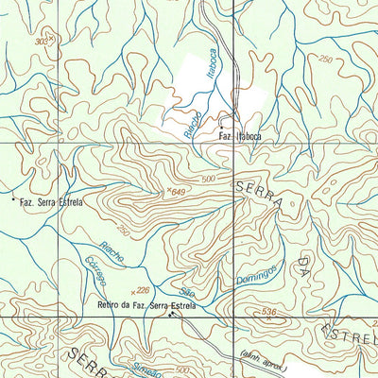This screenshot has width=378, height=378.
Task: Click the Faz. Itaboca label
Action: [240, 136]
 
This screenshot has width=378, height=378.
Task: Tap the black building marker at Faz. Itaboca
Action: [221, 127]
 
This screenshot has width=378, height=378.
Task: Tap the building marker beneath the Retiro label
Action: [171, 316]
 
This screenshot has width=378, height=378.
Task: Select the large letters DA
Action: [304, 262]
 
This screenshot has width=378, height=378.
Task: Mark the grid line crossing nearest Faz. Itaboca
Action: [233, 142]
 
